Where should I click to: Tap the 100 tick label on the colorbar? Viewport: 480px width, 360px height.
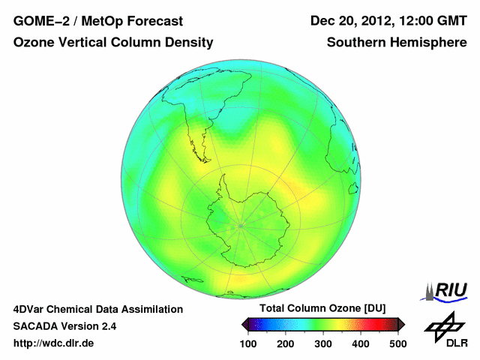249,343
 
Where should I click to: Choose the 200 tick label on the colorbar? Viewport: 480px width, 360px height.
286,343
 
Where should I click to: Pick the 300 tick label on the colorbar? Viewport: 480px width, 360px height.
323,343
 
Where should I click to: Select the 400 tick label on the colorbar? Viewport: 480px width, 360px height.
361,343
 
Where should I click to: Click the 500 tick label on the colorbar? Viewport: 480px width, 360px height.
397,343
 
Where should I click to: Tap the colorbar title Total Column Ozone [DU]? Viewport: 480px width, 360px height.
322,309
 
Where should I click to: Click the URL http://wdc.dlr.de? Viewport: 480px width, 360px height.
54,344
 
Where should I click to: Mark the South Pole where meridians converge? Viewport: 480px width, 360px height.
241,224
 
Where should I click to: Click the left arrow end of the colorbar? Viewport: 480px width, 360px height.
244,324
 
